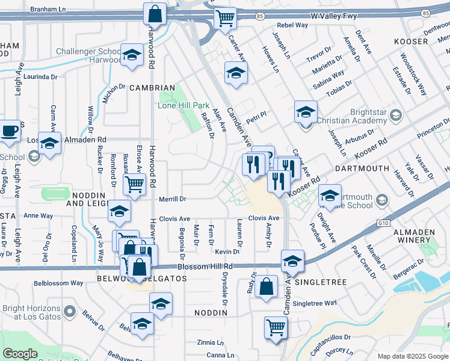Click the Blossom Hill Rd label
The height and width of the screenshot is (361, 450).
tap(205, 266)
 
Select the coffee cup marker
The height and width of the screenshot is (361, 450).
tap(9, 132)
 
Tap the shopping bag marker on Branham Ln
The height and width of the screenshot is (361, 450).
tap(155, 14)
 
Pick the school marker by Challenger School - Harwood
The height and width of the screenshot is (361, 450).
tap(132, 56)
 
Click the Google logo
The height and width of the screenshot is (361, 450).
tap(20, 354)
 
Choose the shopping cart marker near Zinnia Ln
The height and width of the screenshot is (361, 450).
tap(276, 328)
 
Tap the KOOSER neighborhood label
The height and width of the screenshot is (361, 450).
tap(411, 42)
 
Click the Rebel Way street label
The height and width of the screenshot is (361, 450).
tap(292, 25)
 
